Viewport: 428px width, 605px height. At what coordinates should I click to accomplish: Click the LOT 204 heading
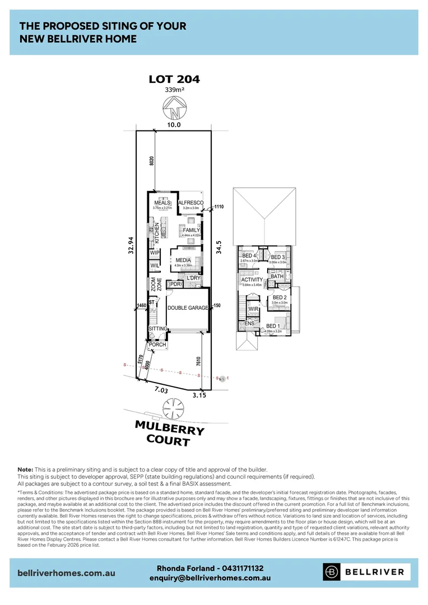tap(174, 79)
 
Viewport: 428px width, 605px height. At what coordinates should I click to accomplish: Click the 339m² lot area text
tap(174, 90)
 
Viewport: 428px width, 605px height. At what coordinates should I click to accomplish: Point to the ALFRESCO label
tap(190, 203)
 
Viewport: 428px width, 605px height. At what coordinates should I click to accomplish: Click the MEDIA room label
tap(183, 260)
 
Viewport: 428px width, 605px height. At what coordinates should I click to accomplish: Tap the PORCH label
tap(157, 345)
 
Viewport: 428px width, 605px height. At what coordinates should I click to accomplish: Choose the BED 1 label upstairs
tap(273, 326)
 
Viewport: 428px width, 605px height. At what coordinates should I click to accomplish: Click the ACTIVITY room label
tap(252, 280)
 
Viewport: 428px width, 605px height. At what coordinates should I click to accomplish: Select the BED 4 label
tap(248, 256)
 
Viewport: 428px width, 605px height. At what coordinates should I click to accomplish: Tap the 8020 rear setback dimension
tap(144, 163)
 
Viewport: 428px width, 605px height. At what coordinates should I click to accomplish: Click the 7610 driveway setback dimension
tap(199, 361)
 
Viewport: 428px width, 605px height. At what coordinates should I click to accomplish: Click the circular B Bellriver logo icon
tap(332, 572)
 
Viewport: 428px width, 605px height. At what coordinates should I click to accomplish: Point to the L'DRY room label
tap(193, 278)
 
